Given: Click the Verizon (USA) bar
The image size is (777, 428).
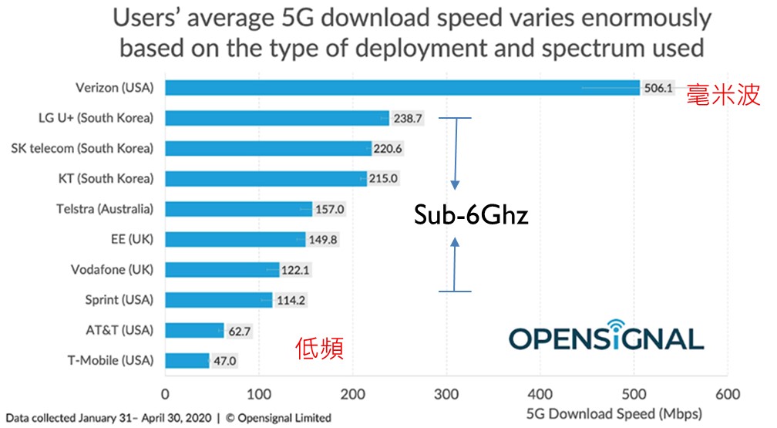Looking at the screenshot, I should pyautogui.click(x=402, y=88).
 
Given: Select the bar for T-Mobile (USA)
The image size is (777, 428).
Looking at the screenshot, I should pyautogui.click(x=187, y=360).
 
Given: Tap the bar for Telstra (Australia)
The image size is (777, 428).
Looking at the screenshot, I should pyautogui.click(x=239, y=209).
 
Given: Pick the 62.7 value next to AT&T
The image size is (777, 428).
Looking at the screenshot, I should pyautogui.click(x=238, y=331).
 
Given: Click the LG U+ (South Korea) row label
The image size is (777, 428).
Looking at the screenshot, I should pyautogui.click(x=96, y=118).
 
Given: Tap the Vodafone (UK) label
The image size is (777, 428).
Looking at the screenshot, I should pyautogui.click(x=110, y=269).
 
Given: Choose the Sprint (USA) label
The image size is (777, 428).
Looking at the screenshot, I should pyautogui.click(x=119, y=299).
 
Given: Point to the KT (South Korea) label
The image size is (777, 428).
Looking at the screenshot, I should pyautogui.click(x=106, y=178).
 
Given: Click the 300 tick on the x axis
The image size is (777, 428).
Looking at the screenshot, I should pyautogui.click(x=446, y=393).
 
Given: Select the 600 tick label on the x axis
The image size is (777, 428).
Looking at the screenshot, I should pyautogui.click(x=728, y=393).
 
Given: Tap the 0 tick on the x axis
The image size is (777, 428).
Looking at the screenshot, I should pyautogui.click(x=165, y=393).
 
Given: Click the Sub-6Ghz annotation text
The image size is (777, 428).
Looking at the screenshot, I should pyautogui.click(x=469, y=214).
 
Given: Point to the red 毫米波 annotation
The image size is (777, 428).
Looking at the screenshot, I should pyautogui.click(x=724, y=94).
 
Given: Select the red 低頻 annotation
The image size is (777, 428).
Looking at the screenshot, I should pyautogui.click(x=319, y=349).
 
